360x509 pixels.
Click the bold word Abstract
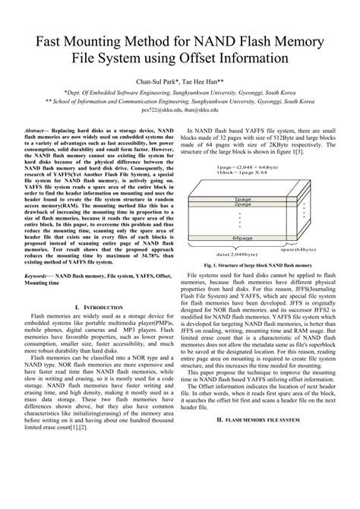(38, 131)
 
